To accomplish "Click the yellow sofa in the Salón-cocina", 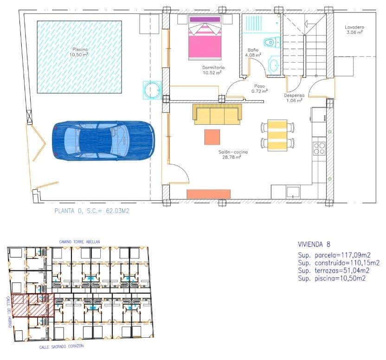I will (217, 114).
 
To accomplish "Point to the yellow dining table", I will (277, 135).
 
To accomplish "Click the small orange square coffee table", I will (212, 137).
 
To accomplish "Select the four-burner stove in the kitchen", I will (319, 148).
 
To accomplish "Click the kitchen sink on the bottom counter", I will (293, 191).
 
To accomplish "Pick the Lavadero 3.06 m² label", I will (354, 30).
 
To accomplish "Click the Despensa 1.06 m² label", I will (294, 98).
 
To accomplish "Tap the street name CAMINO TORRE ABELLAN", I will (79, 242).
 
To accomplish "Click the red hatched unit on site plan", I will (32, 305).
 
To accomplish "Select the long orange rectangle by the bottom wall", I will (208, 194).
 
